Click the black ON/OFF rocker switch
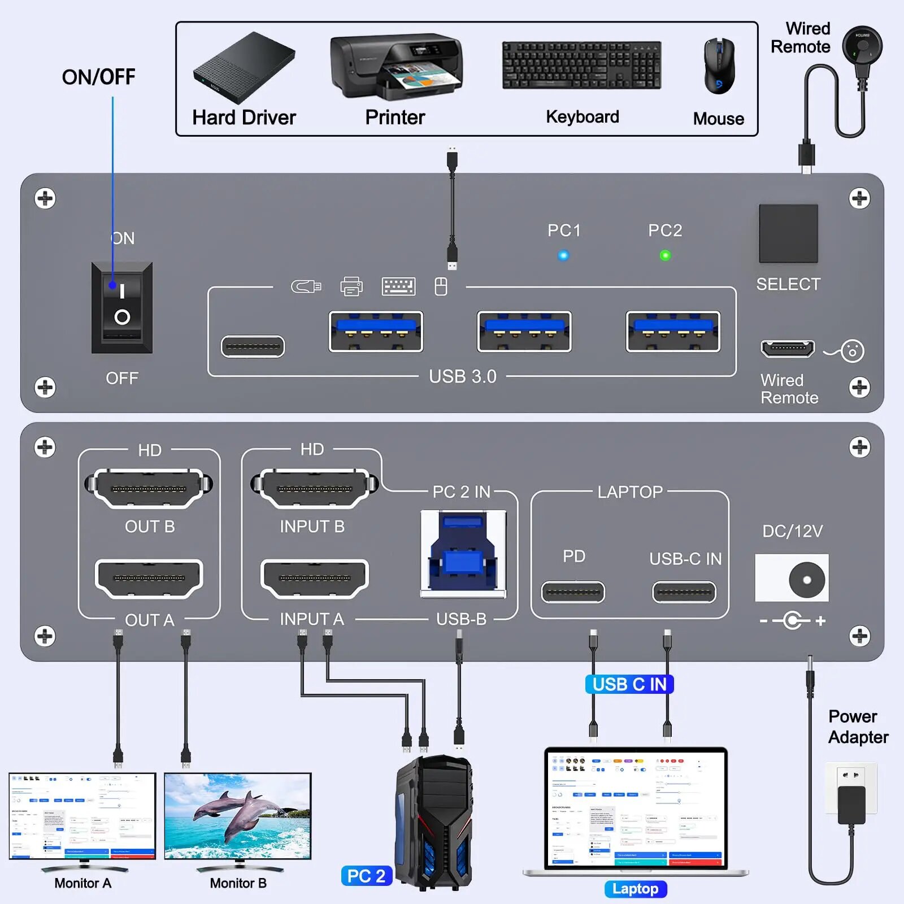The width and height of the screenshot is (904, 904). pos(122,307)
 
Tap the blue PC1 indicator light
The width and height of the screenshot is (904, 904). pos(563,255)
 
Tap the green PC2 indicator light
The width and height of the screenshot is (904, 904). pos(665,255)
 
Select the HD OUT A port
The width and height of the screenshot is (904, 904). pos(149,579)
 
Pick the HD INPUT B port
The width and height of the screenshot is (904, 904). pos(314,488)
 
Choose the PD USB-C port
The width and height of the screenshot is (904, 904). pos(573,592)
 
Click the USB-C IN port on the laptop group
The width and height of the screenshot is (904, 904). pos(684,592)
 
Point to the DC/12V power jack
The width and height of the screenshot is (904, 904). pos(792,579)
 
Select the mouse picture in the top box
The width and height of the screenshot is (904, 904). pos(719,67)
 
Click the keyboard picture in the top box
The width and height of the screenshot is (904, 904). pos(582,65)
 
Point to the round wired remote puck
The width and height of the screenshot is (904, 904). pos(862,44)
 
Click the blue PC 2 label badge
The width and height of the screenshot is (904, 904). pos(366,876)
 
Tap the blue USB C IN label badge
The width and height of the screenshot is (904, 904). pos(629,684)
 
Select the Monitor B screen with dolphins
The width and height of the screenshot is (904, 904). pos(238,816)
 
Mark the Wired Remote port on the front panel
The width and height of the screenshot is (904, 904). pos(788,349)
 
